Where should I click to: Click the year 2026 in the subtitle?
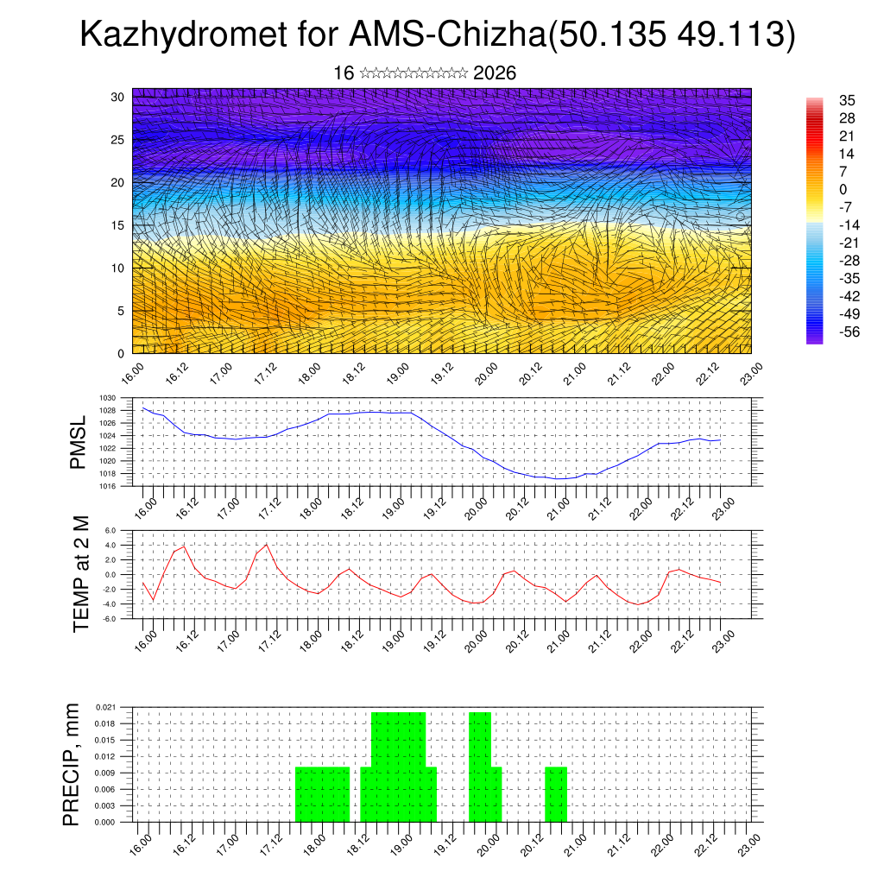click(x=495, y=73)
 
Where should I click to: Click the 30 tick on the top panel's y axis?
click(x=118, y=97)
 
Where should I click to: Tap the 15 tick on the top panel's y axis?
click(x=118, y=225)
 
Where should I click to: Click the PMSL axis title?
click(x=79, y=444)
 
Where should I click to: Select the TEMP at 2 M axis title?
click(x=81, y=574)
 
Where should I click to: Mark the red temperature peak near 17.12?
click(x=268, y=544)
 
